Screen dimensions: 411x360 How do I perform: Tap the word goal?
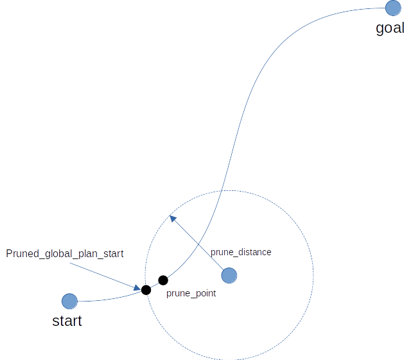pos(390,28)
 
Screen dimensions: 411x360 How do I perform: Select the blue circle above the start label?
pos(69,301)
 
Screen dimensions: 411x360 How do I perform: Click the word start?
pos(67,320)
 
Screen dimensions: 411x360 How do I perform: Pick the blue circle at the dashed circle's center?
pos(229,276)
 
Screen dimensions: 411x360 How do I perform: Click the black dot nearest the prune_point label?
pos(163,280)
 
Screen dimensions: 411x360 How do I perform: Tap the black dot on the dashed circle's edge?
pos(146,290)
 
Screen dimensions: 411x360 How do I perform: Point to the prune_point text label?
pos(191,293)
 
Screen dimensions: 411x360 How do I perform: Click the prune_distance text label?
pos(241,252)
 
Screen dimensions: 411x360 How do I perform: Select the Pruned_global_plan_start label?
pos(64,254)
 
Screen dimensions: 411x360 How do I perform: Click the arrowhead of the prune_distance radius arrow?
pos(173,218)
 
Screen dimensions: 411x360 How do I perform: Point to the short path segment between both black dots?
pos(155,285)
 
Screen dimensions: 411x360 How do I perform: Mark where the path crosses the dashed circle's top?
pos(222,191)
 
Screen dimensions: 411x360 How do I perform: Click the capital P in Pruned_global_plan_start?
pos(9,254)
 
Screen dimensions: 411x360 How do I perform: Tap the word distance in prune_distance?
pos(253,252)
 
